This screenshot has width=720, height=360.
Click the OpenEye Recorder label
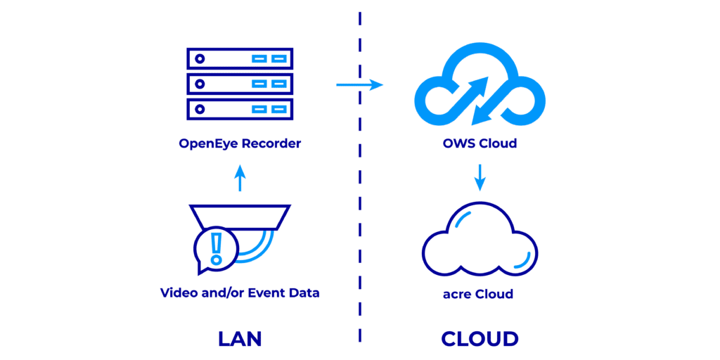pos(240,144)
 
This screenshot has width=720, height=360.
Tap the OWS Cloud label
pos(480,144)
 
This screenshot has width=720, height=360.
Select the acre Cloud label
pos(478,293)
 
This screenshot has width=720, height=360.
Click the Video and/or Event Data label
pos(240,292)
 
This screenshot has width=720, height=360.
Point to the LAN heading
pos(240,338)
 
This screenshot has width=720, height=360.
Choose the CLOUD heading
pos(480,338)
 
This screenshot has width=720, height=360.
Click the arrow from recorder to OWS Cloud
pos(359,85)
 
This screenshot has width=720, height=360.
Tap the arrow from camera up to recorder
pos(240,179)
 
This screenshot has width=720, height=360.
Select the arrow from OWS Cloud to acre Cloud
pos(480,177)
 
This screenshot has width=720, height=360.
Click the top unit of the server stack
pos(240,58)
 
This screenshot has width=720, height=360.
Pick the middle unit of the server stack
pos(240,84)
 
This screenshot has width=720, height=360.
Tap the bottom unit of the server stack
pos(240,109)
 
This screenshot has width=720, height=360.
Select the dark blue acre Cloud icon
pos(480,243)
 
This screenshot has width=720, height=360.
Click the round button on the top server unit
pos(200,58)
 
